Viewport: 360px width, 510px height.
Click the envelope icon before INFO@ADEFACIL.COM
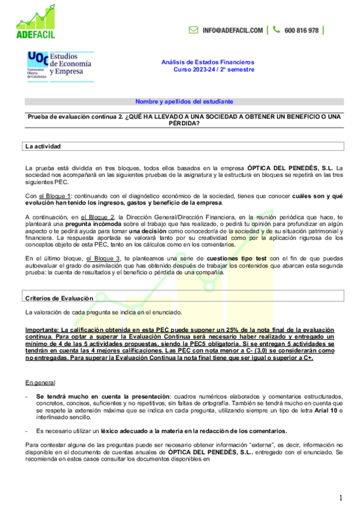pos(194,30)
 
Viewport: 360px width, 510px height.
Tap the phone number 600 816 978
pos(302,30)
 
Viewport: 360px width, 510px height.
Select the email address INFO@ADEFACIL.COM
pos(233,30)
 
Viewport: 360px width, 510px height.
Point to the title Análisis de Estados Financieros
pos(208,62)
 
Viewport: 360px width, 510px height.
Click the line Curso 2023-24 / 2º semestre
pos(214,70)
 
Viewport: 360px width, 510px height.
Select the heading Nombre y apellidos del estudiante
pos(184,102)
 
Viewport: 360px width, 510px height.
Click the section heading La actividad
pos(43,146)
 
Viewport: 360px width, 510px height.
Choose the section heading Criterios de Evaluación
pos(59,298)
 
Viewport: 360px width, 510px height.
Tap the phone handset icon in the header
pos(276,30)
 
